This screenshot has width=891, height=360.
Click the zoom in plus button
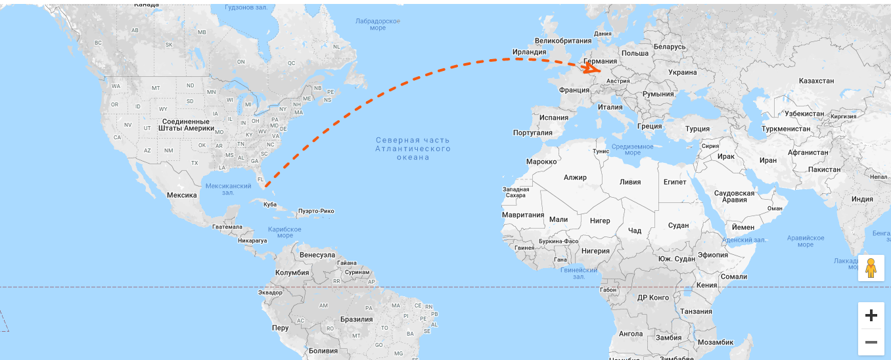871,316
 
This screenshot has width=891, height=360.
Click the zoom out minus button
871,342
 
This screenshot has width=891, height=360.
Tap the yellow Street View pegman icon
871,268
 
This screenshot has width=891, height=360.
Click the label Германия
600,61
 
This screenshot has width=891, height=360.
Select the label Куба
269,204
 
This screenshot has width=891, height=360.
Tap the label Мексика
181,195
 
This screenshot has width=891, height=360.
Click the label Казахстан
816,81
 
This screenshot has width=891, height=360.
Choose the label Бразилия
356,319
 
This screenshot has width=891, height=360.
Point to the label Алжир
575,177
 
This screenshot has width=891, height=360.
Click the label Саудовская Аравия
734,196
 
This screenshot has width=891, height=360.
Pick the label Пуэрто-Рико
316,211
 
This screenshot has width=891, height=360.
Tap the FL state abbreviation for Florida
260,179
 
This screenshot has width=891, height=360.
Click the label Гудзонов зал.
245,8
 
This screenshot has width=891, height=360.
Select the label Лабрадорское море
378,24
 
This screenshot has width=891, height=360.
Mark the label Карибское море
285,232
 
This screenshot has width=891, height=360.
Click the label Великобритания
563,40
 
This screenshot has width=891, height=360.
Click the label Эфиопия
712,255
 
